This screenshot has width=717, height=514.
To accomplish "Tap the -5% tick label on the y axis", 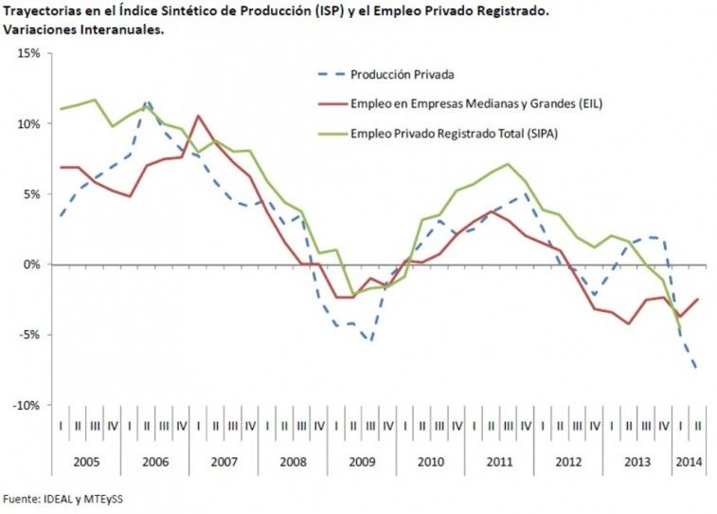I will tap(27, 335).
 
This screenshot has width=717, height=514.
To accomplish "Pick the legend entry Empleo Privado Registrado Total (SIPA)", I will tap(454, 133).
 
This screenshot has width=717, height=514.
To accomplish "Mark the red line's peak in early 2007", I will tap(197, 116).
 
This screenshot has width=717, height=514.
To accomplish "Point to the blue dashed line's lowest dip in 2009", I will tap(369, 340).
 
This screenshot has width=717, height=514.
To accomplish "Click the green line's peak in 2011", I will tap(509, 164).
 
